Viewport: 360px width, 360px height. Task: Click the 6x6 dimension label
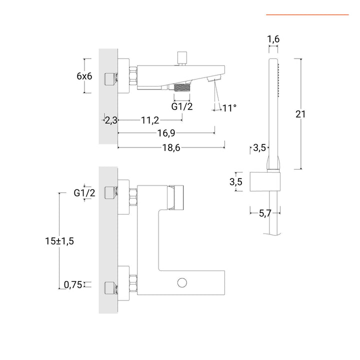pos(84,76)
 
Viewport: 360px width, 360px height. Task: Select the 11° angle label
pos(228,107)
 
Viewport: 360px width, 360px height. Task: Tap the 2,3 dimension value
pos(111,120)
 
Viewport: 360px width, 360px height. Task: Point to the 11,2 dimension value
pos(150,120)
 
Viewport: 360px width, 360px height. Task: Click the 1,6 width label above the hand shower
pos(273,39)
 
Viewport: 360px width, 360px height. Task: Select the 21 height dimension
pos(300,114)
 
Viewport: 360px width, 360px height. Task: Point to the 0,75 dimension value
pos(72,285)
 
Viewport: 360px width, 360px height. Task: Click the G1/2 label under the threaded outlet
pos(182,106)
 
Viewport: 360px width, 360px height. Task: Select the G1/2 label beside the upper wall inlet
pos(84,193)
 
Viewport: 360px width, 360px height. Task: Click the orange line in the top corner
pos(307,15)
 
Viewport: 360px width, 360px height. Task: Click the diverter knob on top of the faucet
pos(182,56)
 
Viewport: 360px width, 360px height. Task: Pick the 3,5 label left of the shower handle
pos(259,147)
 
